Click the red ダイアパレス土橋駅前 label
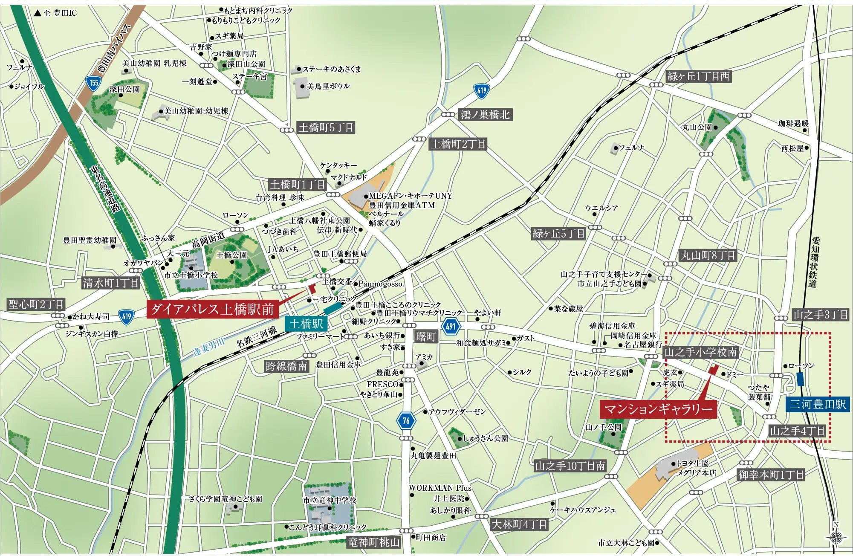pos(212,309)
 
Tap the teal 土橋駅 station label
pos(306,324)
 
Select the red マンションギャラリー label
pos(658,409)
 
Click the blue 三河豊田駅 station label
pos(817,404)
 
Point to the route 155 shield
pos(93,83)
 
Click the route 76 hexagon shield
pos(406,421)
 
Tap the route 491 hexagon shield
pos(451,327)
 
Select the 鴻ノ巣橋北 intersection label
pos(485,115)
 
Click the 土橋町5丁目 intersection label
pos(326,127)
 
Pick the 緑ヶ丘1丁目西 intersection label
pos(698,77)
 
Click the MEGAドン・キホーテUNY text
pos(410,196)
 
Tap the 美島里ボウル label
pos(328,86)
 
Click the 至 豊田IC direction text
pos(56,13)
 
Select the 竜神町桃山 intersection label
pos(374,542)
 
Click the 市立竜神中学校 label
pos(330,500)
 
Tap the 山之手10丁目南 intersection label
pos(570,466)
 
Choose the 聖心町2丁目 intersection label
pos(36,304)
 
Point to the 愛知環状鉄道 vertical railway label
pos(815,262)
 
